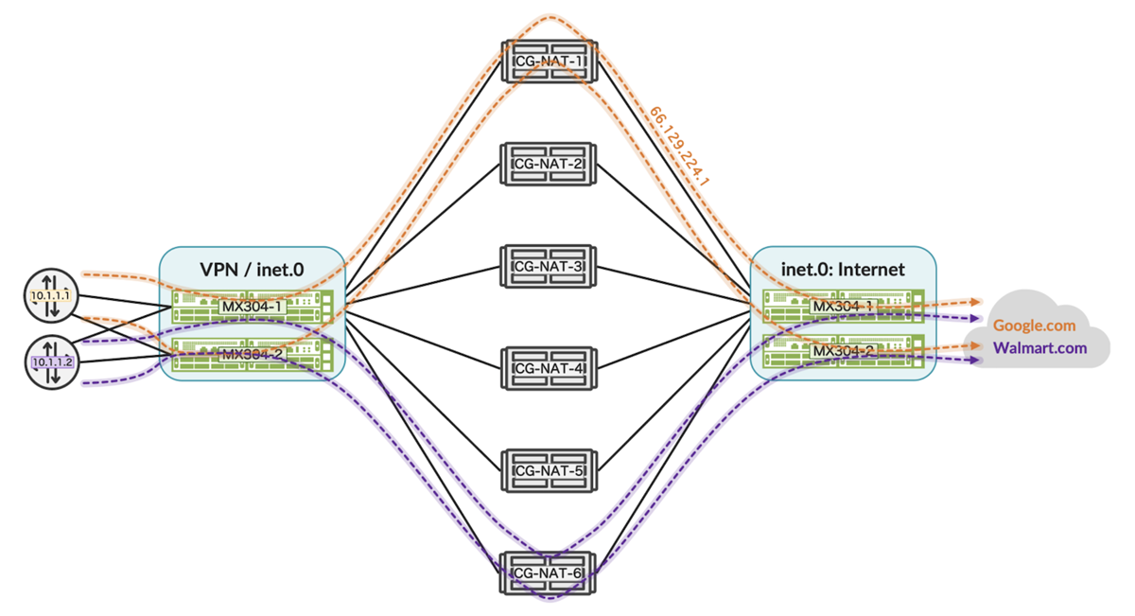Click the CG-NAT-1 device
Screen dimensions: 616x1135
coord(549,61)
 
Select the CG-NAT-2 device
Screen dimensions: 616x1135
coord(549,163)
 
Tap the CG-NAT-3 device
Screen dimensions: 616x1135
coord(549,266)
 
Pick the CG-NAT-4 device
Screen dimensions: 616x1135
coord(549,368)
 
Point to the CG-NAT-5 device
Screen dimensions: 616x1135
coord(549,470)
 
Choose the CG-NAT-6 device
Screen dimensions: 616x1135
coord(549,572)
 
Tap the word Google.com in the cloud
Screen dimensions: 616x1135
coord(1034,326)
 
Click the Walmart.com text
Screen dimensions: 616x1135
coord(1039,348)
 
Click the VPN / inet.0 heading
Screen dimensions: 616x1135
coord(251,270)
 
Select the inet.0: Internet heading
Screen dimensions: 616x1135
coord(844,270)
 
